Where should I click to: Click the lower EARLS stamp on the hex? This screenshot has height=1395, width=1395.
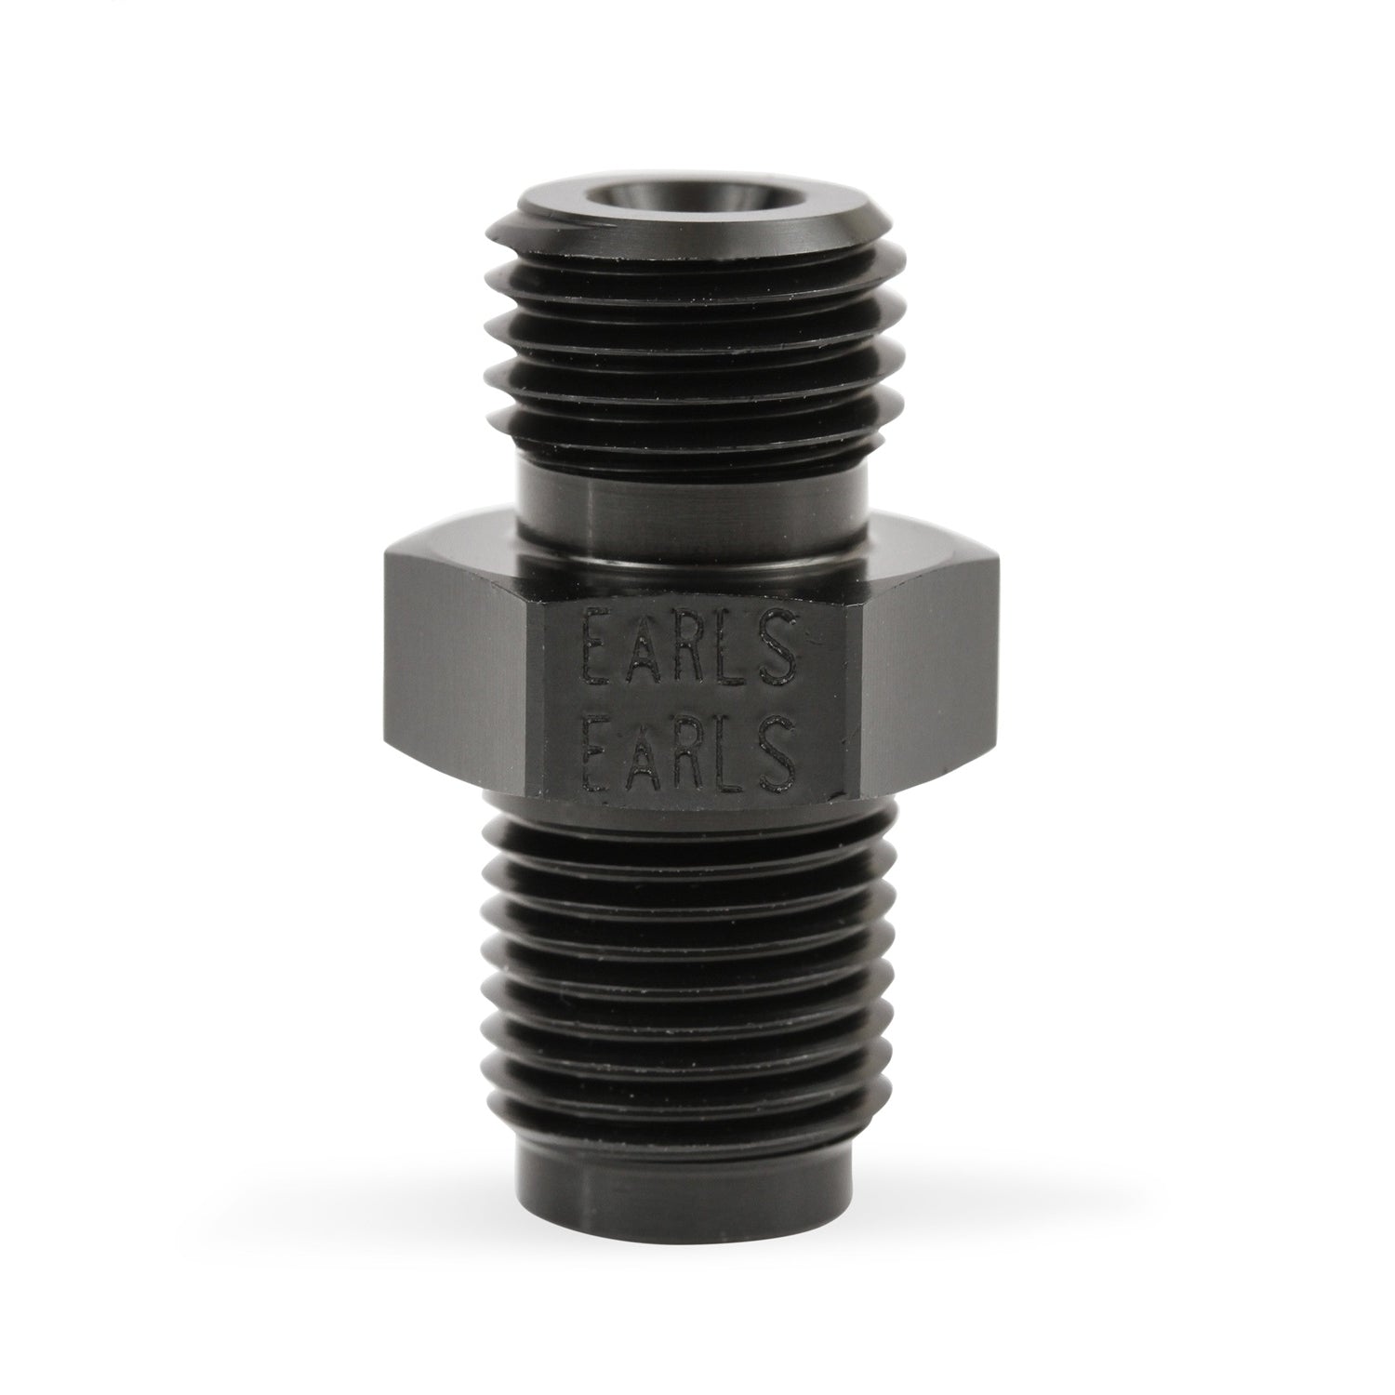point(689,747)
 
